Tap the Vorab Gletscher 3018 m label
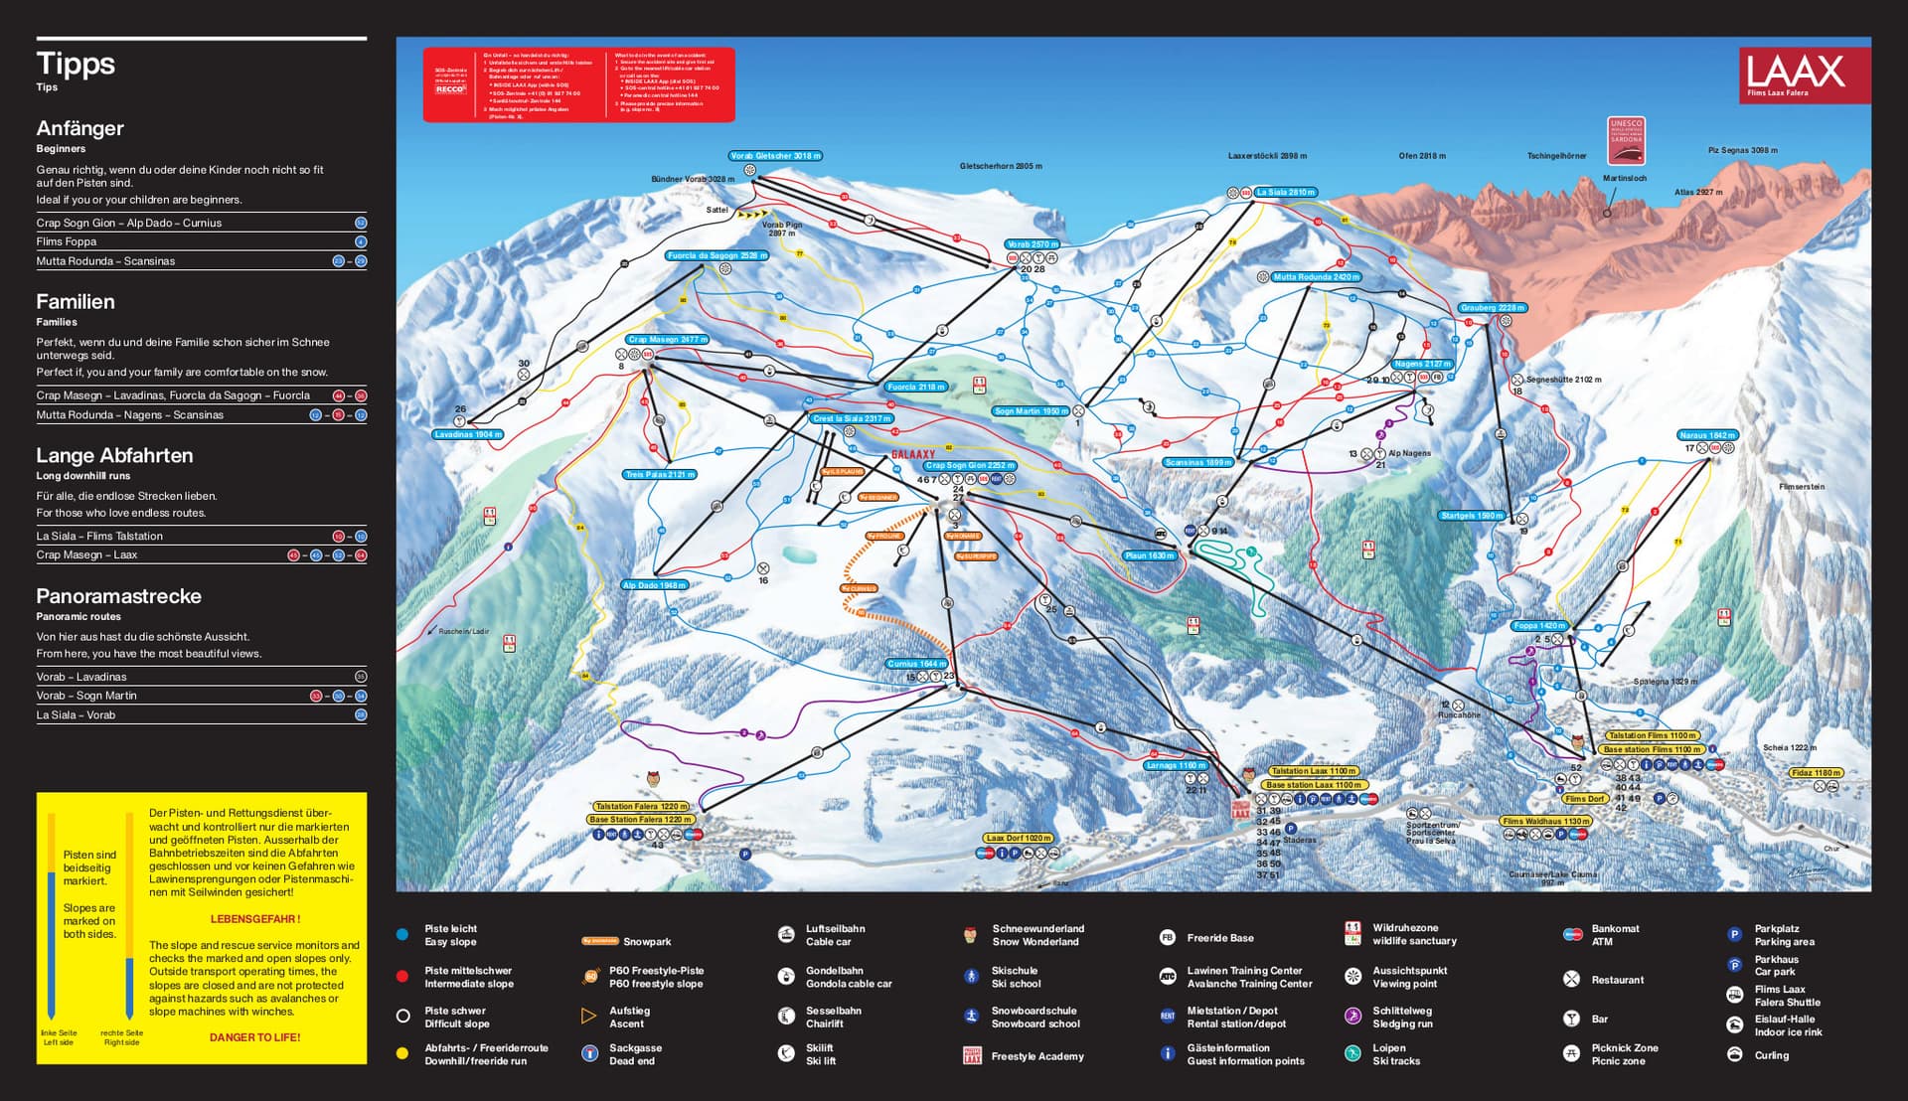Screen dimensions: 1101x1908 [775, 156]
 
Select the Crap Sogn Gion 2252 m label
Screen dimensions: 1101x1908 [970, 465]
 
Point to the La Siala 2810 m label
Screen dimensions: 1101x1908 [1285, 192]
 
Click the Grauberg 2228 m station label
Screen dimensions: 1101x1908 [1492, 308]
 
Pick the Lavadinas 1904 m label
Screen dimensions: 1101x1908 [468, 434]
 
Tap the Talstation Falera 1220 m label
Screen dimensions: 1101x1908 [640, 807]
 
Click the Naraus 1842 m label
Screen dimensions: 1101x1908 [1706, 435]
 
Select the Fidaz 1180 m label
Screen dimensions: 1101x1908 [1816, 773]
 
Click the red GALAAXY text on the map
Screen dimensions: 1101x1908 [912, 454]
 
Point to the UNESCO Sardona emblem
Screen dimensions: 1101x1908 [1626, 140]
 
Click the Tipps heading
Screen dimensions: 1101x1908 [76, 64]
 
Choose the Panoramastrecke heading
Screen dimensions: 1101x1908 [118, 596]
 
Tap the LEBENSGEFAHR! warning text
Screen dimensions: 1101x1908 [254, 919]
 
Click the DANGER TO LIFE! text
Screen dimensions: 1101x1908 [254, 1036]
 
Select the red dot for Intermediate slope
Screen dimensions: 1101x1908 [402, 977]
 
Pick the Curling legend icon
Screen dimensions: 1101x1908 [1734, 1055]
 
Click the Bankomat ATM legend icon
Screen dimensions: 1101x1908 [1572, 934]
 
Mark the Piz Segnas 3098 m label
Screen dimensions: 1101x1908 [1742, 150]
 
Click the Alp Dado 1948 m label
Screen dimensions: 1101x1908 [654, 585]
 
